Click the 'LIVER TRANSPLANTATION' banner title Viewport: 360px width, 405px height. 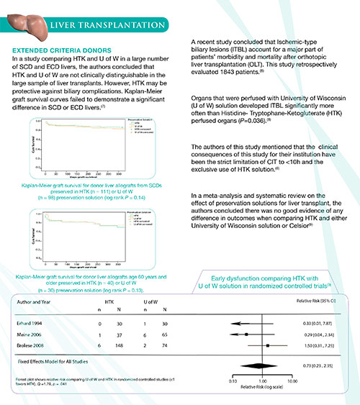pyautogui.click(x=109, y=27)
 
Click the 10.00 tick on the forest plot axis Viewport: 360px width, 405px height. pyautogui.click(x=292, y=380)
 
